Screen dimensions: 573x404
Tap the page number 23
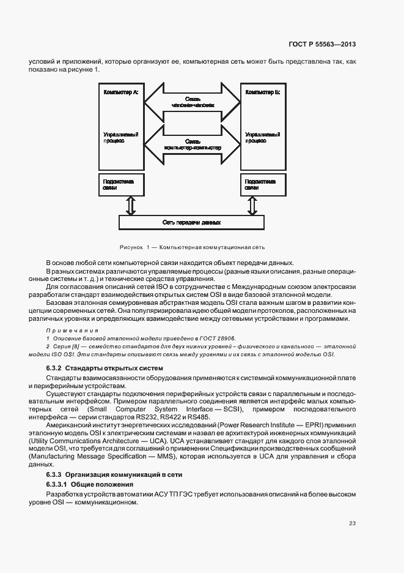(352, 523)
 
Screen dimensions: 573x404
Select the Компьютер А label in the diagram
(121, 92)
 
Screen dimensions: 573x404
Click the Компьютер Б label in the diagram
(262, 92)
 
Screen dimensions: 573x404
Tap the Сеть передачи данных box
(191, 222)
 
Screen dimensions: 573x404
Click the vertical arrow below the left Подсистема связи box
(129, 206)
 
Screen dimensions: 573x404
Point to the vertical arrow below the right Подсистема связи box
(253, 206)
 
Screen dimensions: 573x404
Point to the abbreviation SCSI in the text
(232, 408)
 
